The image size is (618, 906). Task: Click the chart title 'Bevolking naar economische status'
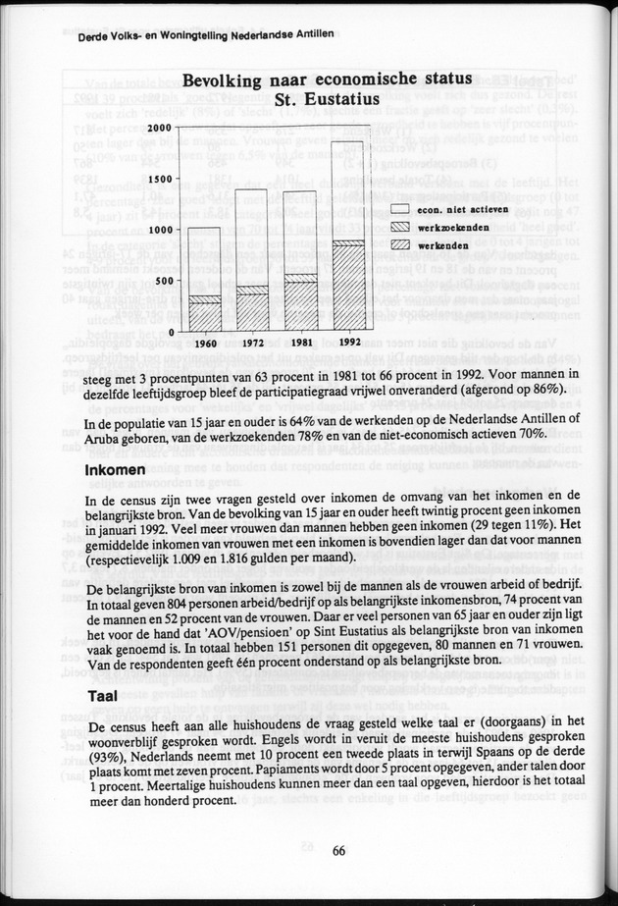(x=321, y=80)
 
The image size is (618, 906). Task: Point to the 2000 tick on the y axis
(x=157, y=128)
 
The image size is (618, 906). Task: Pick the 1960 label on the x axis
(x=206, y=345)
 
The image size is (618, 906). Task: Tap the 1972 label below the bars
(x=253, y=345)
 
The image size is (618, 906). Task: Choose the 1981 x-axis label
(x=300, y=345)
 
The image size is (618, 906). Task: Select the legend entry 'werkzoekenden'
(x=442, y=226)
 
